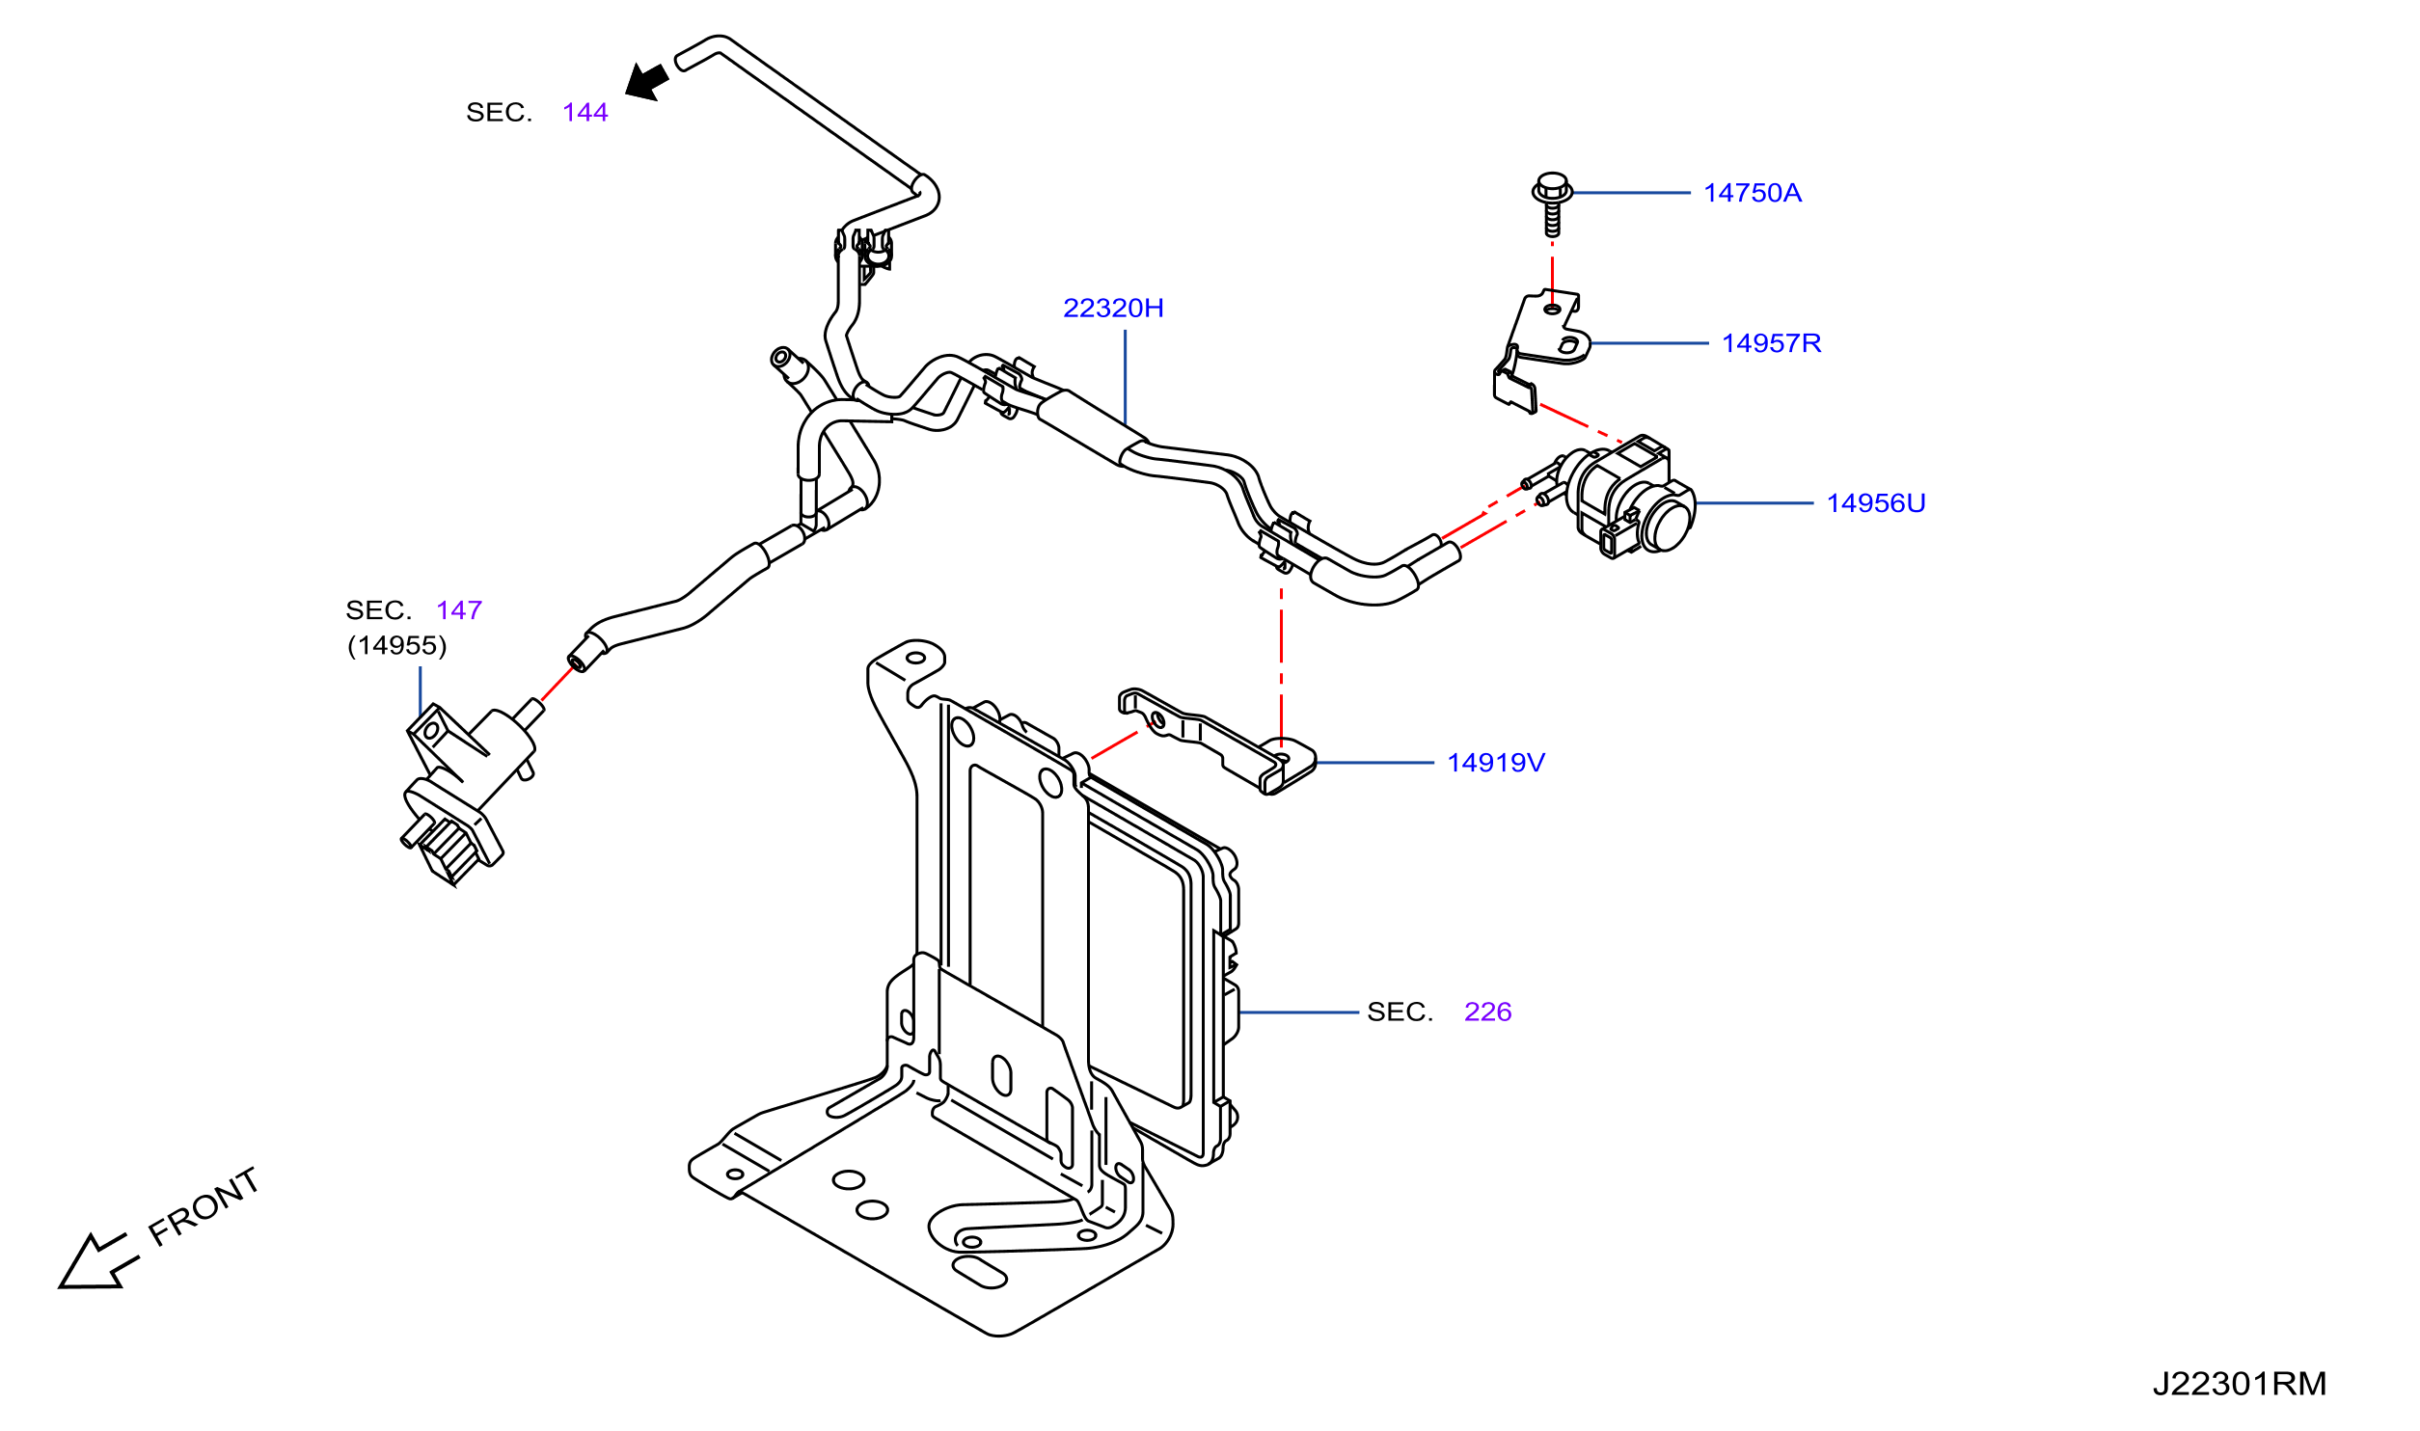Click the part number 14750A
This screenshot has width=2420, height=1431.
click(1752, 193)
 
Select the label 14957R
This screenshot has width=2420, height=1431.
click(1771, 343)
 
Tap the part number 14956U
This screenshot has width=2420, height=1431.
click(1875, 503)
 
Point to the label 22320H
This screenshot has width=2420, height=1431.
click(1113, 308)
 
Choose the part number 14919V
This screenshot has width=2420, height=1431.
click(1495, 763)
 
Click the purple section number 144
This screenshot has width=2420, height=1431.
click(585, 113)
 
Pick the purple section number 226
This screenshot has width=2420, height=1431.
click(1487, 1012)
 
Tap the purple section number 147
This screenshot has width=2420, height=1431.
click(459, 610)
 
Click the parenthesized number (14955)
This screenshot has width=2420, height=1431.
click(397, 645)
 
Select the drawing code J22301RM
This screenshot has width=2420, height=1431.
click(2240, 1384)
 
